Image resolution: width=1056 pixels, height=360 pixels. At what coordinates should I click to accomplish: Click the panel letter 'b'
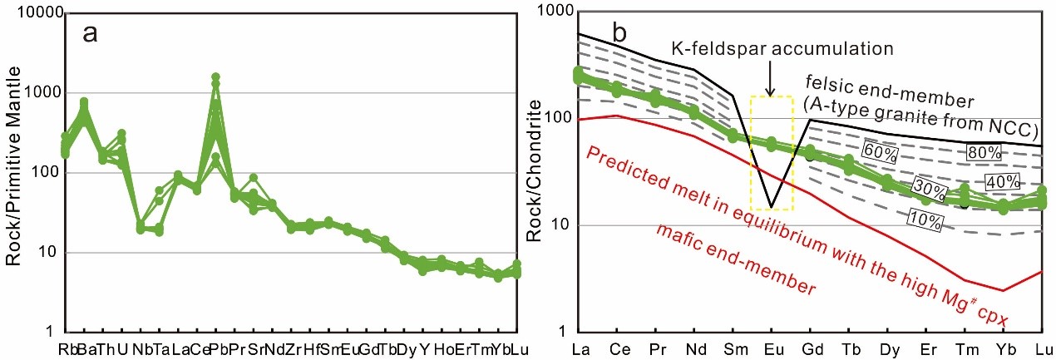click(x=620, y=32)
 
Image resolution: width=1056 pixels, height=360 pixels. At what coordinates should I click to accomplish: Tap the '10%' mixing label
click(x=925, y=221)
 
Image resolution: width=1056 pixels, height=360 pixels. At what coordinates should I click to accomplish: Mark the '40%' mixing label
click(x=999, y=182)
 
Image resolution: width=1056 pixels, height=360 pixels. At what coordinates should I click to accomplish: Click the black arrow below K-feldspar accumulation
click(x=770, y=79)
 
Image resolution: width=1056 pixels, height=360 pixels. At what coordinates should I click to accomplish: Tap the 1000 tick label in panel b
click(x=552, y=11)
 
